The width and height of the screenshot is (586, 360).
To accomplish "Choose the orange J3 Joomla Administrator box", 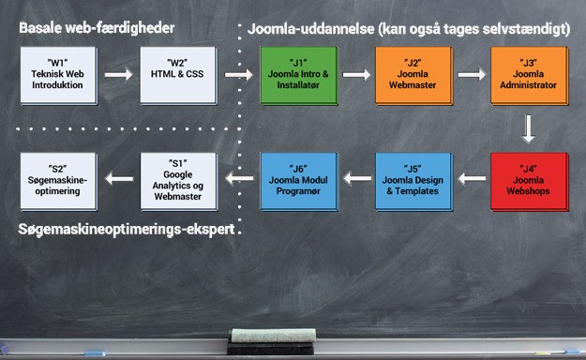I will tap(529, 79).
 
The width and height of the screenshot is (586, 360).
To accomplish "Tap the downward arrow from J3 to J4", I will tap(529, 127).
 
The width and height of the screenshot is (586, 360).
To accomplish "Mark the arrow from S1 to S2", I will tap(117, 173).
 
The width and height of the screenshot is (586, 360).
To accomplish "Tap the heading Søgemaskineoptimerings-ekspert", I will tap(126, 229).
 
